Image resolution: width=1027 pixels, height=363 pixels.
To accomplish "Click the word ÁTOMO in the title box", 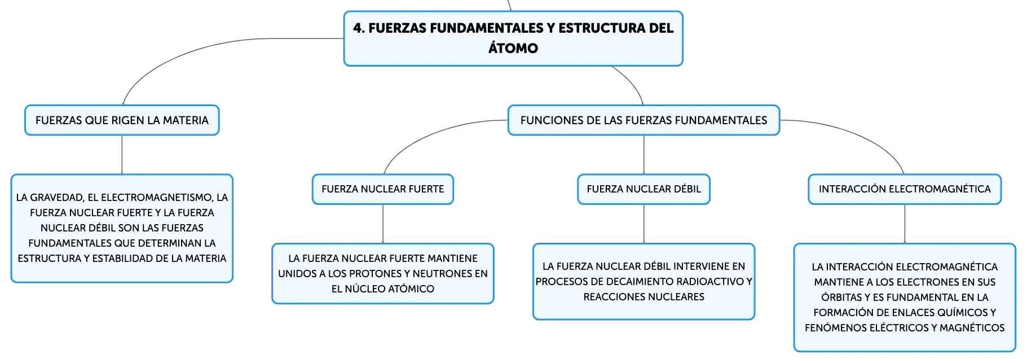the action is (513, 48).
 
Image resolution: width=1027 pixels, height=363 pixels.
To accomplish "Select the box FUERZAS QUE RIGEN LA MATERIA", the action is (122, 120).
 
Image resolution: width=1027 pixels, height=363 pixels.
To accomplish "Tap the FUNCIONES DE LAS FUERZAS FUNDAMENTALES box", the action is (643, 120).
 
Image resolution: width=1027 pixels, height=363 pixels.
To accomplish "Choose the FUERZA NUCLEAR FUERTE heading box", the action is (383, 189).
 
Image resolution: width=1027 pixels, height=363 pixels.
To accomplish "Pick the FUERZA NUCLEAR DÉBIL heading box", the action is (643, 189).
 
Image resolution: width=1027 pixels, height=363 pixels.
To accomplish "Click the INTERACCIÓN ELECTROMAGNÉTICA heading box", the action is (905, 189).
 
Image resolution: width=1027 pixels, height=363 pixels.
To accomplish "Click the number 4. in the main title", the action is (359, 28).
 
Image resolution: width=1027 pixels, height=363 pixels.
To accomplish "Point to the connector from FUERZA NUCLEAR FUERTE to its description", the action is (383, 224).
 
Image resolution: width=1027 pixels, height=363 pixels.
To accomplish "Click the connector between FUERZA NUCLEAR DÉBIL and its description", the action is (643, 224).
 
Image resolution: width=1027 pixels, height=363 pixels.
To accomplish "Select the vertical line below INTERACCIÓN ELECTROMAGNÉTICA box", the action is (905, 224).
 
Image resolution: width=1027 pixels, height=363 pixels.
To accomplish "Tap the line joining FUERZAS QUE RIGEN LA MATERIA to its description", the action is (122, 155).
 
